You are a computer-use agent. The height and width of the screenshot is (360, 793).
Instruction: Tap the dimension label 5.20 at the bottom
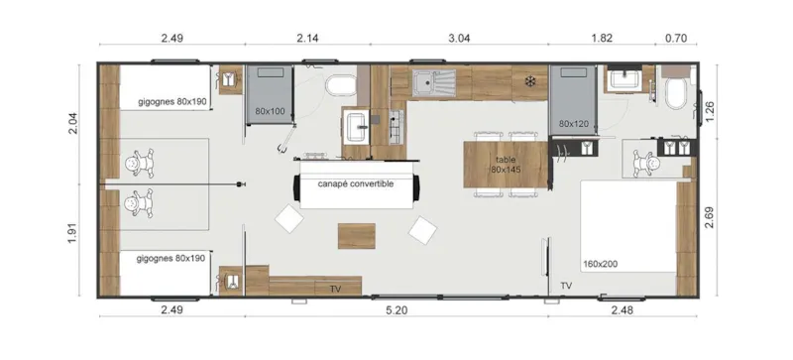[x=396, y=311]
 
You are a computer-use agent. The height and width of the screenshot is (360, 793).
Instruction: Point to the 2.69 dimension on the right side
[x=709, y=217]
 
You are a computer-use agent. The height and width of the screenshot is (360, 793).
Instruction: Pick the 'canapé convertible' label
[x=356, y=184]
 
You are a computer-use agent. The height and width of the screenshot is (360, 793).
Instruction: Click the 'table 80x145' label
[x=506, y=164]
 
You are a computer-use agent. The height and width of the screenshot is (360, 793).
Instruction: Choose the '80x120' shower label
[x=574, y=124]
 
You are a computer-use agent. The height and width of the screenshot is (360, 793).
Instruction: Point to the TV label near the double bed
[x=566, y=286]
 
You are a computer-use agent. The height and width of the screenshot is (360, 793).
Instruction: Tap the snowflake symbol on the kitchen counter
[x=530, y=79]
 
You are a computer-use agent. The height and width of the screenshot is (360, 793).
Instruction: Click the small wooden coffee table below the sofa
[x=357, y=236]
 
